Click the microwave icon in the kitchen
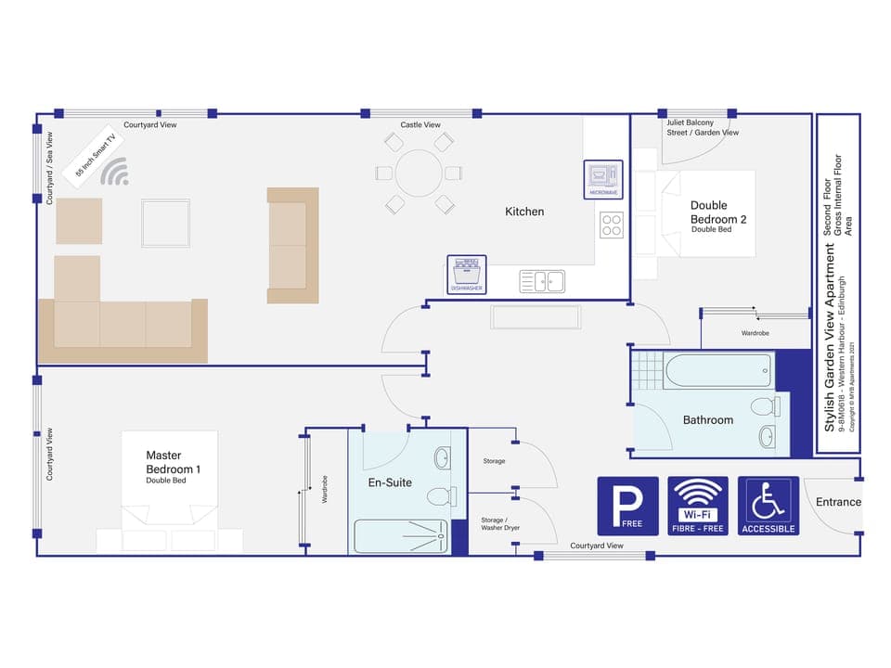601,179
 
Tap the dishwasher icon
466,275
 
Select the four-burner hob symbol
611,225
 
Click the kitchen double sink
542,281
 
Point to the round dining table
420,173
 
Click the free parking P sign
627,507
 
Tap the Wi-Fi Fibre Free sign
698,507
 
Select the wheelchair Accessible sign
768,507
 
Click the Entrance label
838,502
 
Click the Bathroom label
707,420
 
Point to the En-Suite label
390,482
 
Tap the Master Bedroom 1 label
173,463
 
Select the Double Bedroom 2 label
718,212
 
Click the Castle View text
420,125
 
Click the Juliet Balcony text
690,122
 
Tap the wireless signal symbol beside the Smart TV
115,172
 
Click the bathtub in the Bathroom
717,371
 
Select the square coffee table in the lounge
165,223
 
